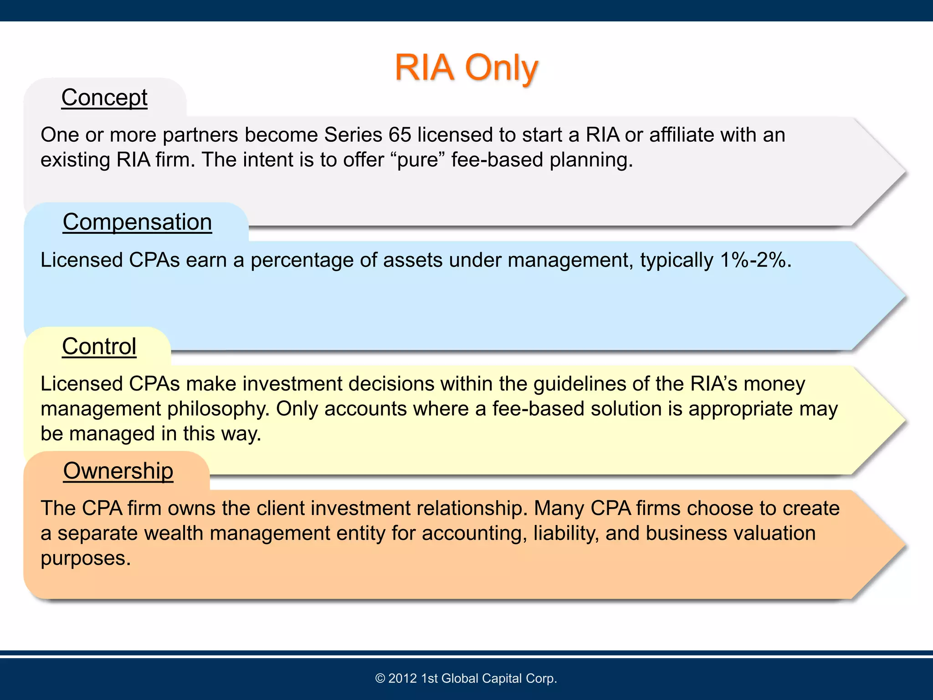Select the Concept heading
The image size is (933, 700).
104,98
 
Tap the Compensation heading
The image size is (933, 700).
137,222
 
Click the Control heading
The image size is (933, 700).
99,346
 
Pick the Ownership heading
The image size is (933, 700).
118,471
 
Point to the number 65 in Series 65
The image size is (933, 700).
400,135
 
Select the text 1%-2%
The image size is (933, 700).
755,260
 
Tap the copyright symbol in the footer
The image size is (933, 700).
380,679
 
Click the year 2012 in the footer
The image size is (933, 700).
403,679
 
